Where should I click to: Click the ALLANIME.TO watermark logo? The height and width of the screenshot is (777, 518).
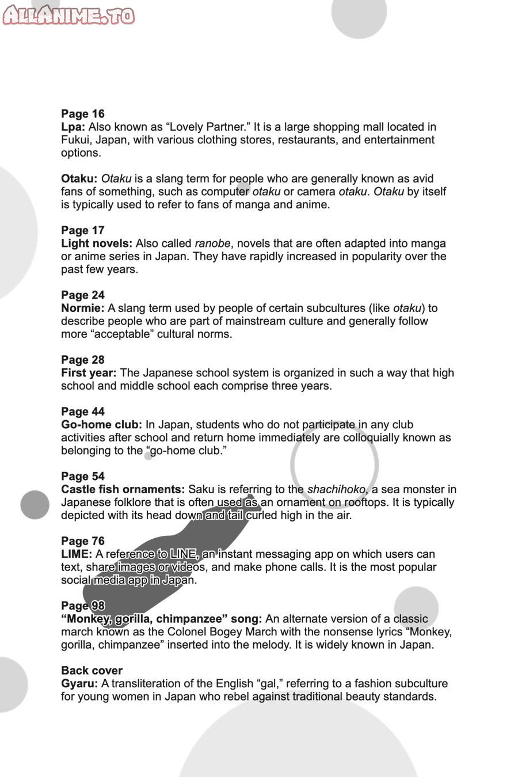pyautogui.click(x=68, y=16)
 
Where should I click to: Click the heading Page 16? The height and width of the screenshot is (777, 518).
pyautogui.click(x=83, y=114)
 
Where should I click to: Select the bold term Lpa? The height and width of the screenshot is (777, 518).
pyautogui.click(x=73, y=127)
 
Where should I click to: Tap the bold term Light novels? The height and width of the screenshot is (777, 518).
pyautogui.click(x=97, y=243)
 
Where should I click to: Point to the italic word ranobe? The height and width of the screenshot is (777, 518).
pyautogui.click(x=212, y=243)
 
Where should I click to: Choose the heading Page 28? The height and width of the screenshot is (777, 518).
pyautogui.click(x=83, y=360)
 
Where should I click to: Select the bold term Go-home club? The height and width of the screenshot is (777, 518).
pyautogui.click(x=101, y=425)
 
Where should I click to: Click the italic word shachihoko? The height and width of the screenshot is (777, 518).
pyautogui.click(x=336, y=490)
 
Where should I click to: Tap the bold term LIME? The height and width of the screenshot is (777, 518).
pyautogui.click(x=77, y=554)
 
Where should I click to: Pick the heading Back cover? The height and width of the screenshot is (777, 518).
pyautogui.click(x=92, y=671)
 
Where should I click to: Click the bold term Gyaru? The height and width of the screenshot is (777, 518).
pyautogui.click(x=79, y=684)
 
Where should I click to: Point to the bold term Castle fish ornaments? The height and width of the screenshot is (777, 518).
pyautogui.click(x=123, y=490)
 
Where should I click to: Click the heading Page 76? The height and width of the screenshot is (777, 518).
pyautogui.click(x=83, y=541)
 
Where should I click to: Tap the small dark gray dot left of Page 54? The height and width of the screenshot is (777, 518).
pyautogui.click(x=35, y=505)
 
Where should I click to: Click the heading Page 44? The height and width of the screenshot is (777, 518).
pyautogui.click(x=83, y=412)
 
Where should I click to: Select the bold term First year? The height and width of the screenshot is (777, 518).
pyautogui.click(x=89, y=373)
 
